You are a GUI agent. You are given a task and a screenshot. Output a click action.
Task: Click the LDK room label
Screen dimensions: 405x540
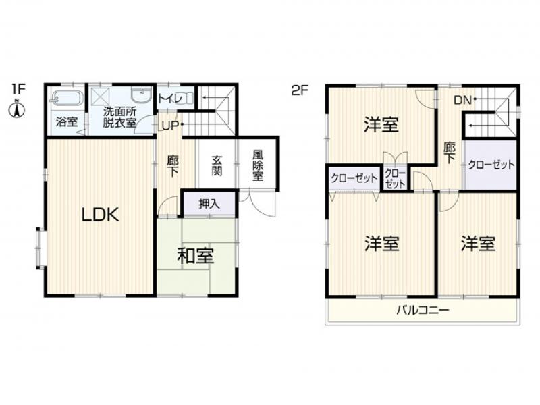(x=101, y=215)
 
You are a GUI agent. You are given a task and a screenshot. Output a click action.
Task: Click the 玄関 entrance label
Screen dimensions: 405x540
(x=217, y=165)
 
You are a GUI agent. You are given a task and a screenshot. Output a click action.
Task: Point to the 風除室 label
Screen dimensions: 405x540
(x=257, y=165)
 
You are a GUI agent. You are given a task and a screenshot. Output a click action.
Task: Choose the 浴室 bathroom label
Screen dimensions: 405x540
(x=66, y=123)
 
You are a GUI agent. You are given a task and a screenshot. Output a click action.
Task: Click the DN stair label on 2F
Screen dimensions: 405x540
(x=462, y=100)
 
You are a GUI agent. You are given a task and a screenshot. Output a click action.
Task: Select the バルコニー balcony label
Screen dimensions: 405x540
(x=423, y=311)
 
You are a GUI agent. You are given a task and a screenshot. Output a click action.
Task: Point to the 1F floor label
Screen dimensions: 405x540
(x=18, y=88)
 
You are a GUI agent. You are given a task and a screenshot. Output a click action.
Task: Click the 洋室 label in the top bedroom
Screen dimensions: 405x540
(x=381, y=124)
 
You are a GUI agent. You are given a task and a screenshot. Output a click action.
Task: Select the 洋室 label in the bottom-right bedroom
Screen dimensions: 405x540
(x=479, y=243)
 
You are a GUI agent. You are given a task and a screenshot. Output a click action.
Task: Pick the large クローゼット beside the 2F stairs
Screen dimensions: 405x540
(x=491, y=165)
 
